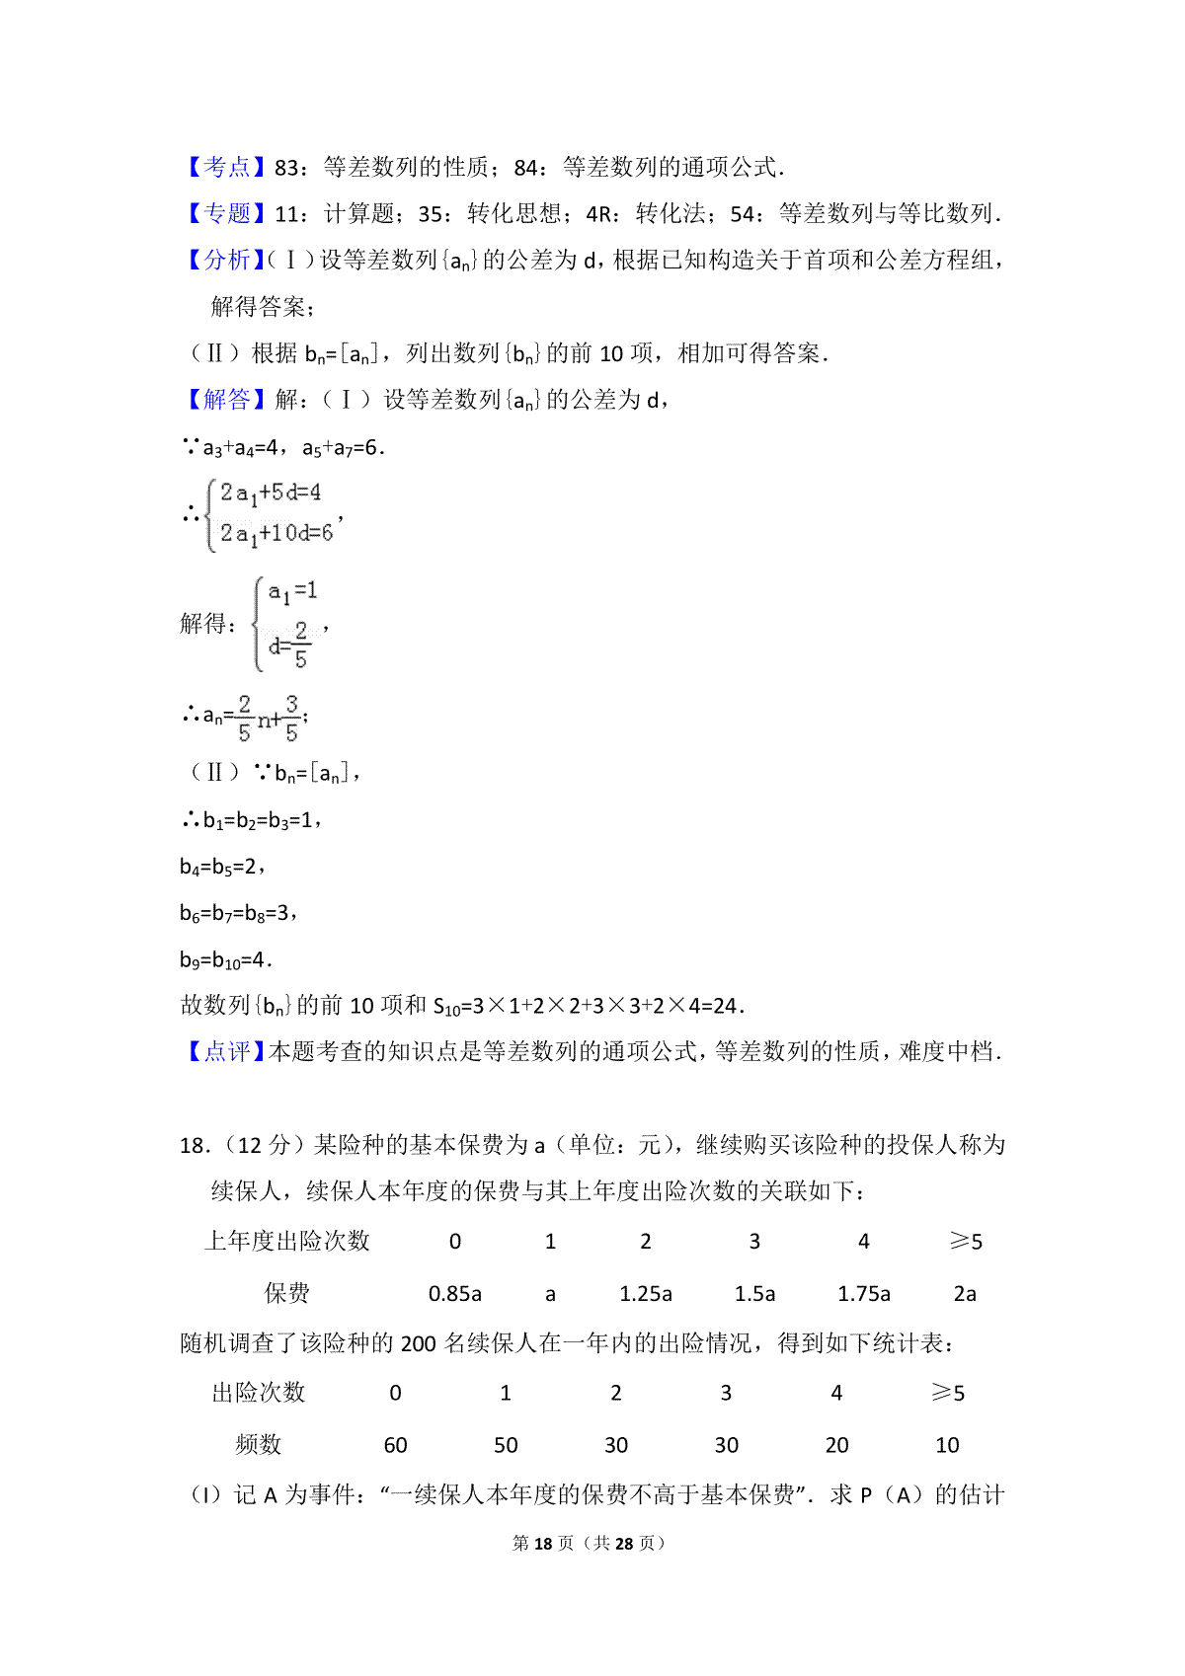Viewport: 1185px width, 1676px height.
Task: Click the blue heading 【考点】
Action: [226, 168]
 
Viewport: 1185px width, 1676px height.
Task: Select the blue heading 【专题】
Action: [226, 214]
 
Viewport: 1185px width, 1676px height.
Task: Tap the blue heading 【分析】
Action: [226, 261]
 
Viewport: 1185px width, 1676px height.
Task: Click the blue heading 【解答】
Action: [226, 400]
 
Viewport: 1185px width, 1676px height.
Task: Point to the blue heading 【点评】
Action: [226, 1052]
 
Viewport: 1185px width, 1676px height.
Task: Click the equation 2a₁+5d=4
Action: [271, 493]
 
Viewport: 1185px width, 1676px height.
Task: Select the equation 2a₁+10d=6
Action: [276, 534]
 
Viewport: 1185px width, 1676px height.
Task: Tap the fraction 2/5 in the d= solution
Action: [300, 645]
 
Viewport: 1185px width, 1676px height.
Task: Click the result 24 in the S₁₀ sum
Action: [725, 1006]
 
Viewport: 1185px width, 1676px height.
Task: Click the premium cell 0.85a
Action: [454, 1294]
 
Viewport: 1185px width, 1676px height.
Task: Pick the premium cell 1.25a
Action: [646, 1294]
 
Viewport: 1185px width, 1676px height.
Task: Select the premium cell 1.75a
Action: [864, 1294]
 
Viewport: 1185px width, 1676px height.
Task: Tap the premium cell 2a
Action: [965, 1294]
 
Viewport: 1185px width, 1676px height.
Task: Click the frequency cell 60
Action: [395, 1445]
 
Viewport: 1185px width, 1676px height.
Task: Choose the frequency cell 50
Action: [506, 1445]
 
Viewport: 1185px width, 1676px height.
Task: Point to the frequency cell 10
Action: [947, 1445]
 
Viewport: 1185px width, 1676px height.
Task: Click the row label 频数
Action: [259, 1445]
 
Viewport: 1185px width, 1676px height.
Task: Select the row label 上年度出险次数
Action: [286, 1242]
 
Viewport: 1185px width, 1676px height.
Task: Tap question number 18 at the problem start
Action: [194, 1146]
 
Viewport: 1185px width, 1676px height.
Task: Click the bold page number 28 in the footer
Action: [623, 1543]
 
